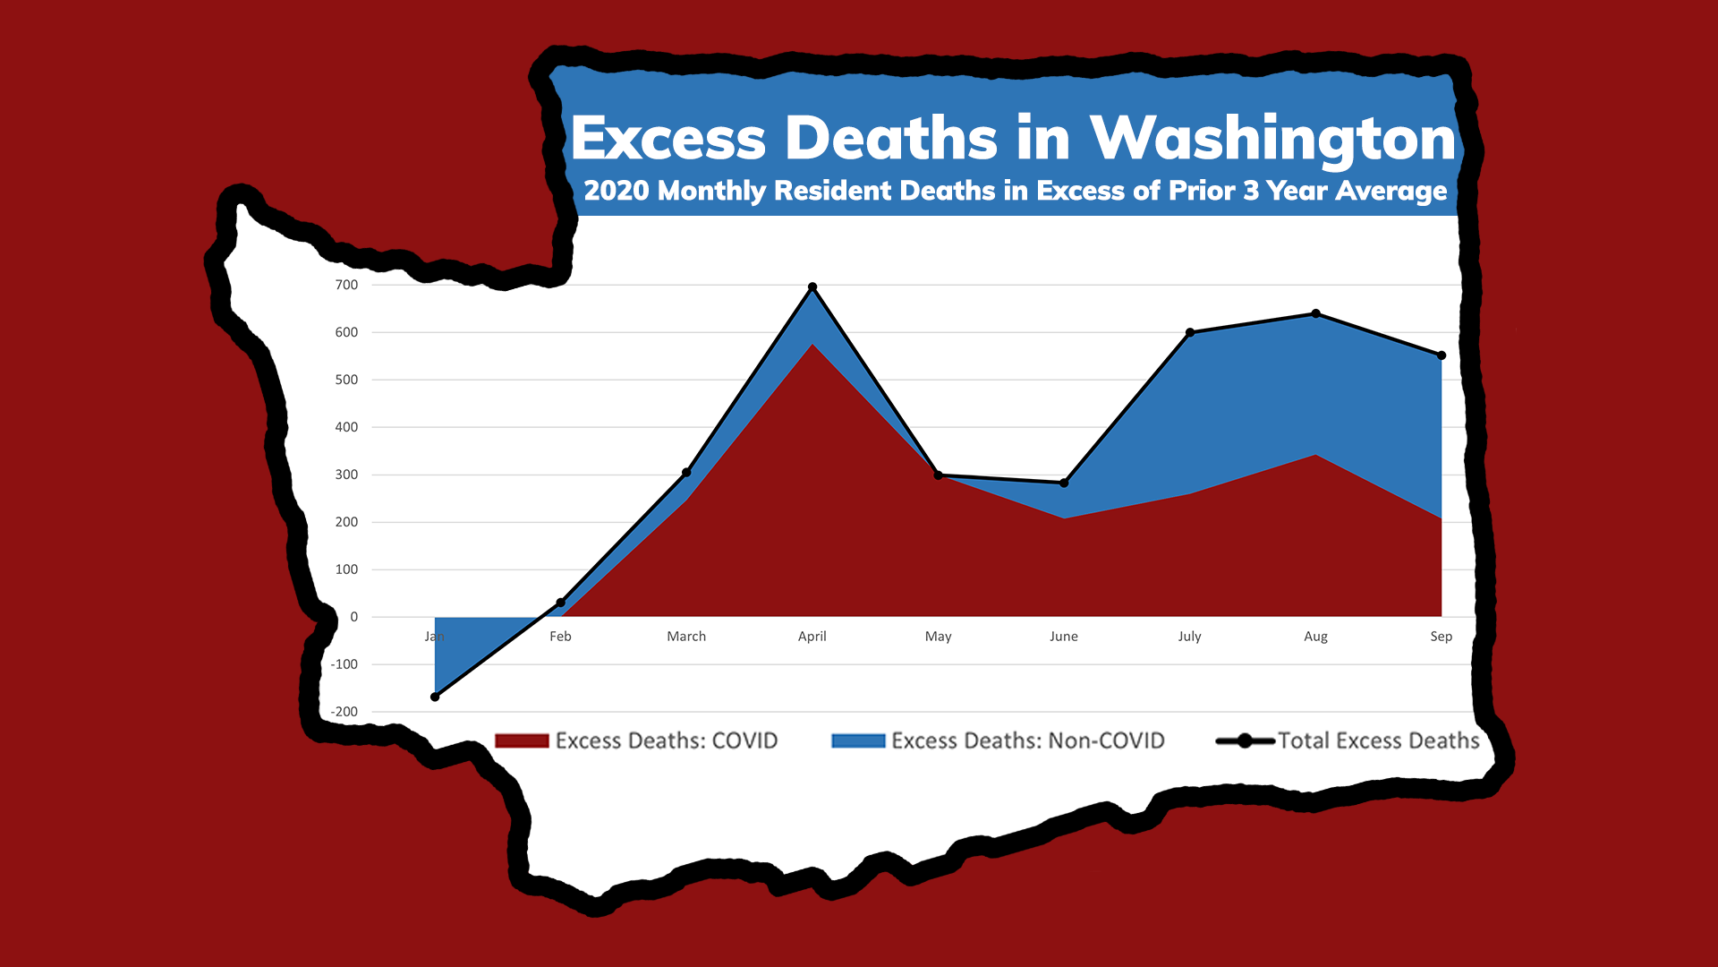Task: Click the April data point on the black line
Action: (812, 287)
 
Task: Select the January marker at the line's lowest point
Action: (435, 697)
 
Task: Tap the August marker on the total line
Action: (1315, 313)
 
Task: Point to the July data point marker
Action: (1190, 332)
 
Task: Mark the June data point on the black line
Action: (1064, 483)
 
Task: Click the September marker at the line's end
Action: (1442, 355)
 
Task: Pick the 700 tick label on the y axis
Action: (346, 285)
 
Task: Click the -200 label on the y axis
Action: (344, 712)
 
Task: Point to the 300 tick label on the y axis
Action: (346, 475)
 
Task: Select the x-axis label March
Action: (686, 636)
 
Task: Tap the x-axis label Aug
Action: (1315, 636)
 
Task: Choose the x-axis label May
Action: (938, 636)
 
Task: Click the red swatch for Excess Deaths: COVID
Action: (522, 740)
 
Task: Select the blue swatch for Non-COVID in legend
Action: (858, 740)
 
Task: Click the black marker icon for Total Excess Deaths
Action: (1245, 740)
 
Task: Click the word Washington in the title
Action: (1272, 139)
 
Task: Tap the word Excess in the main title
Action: (668, 139)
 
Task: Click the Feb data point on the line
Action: (561, 603)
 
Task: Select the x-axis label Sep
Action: (1441, 636)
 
